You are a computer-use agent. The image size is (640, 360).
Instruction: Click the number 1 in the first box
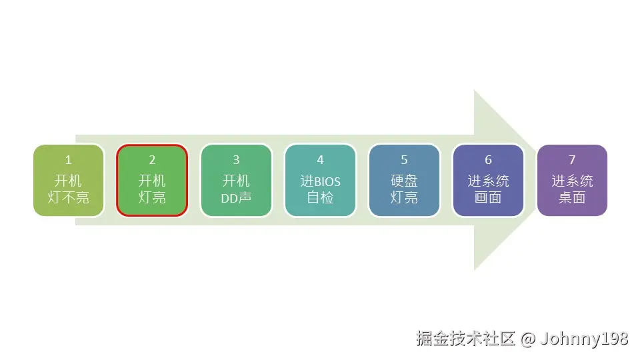pyautogui.click(x=68, y=160)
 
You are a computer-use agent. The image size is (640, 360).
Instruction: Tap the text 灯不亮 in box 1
pyautogui.click(x=68, y=198)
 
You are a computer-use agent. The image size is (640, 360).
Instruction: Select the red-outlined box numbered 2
pyautogui.click(x=152, y=180)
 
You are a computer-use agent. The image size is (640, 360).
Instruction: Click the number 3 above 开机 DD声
pyautogui.click(x=236, y=160)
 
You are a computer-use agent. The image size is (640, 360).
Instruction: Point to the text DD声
pyautogui.click(x=236, y=198)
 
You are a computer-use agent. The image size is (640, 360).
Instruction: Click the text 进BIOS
pyautogui.click(x=320, y=181)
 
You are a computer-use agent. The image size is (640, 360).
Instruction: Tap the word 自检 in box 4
pyautogui.click(x=320, y=198)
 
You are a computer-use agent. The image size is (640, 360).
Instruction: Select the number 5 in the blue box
pyautogui.click(x=404, y=160)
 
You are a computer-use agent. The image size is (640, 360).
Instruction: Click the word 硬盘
pyautogui.click(x=404, y=181)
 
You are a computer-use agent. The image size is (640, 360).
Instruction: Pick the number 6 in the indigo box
pyautogui.click(x=488, y=160)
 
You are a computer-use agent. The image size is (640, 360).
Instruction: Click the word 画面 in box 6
pyautogui.click(x=488, y=198)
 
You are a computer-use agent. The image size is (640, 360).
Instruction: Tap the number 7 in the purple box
pyautogui.click(x=572, y=160)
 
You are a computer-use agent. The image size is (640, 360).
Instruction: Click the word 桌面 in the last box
pyautogui.click(x=572, y=198)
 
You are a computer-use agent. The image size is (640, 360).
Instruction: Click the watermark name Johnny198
pyautogui.click(x=584, y=339)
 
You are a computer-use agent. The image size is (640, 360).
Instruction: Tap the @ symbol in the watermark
pyautogui.click(x=528, y=339)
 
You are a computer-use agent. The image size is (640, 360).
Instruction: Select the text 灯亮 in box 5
pyautogui.click(x=404, y=198)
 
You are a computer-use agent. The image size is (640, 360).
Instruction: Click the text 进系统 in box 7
pyautogui.click(x=572, y=181)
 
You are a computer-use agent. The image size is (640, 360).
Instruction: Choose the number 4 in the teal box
pyautogui.click(x=320, y=160)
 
